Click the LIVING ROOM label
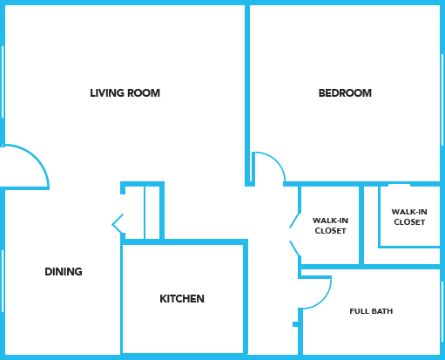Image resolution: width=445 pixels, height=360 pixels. tap(125, 93)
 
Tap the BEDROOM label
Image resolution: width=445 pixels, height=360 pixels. tap(345, 93)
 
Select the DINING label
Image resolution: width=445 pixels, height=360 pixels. tap(64, 272)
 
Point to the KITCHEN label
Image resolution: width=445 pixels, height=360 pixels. tap(182, 299)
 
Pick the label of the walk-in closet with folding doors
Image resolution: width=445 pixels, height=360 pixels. tap(330, 226)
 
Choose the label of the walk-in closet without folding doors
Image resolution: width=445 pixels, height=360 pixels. tap(409, 217)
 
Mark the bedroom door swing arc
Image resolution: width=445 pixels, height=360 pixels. tap(276, 160)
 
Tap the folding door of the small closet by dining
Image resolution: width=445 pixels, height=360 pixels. tap(118, 224)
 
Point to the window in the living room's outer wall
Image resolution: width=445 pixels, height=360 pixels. tap(3, 82)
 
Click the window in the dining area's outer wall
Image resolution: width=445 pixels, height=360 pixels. tap(3, 281)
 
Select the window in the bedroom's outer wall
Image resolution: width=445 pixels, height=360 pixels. tap(442, 115)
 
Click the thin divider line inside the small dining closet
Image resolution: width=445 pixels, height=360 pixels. tap(145, 213)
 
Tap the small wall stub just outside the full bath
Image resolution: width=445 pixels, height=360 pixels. tap(295, 324)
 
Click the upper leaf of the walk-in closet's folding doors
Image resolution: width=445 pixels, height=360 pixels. tap(294, 221)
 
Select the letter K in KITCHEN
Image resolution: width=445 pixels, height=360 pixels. tap(163, 299)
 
